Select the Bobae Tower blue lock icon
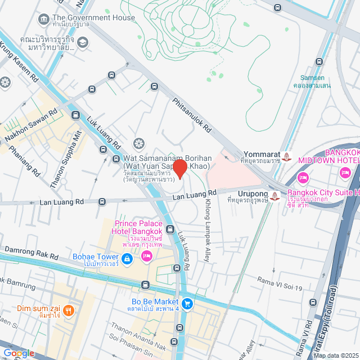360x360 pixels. tap(127, 258)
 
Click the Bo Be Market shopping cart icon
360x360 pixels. tap(187, 304)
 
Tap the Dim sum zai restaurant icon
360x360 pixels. tap(69, 309)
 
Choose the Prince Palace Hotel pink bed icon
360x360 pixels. tap(146, 256)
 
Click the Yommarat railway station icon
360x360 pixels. tap(287, 156)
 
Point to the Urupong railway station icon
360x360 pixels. tap(275, 196)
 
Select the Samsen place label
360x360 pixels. tap(316, 81)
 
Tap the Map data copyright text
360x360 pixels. tap(335, 355)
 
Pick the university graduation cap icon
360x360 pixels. tap(83, 43)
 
